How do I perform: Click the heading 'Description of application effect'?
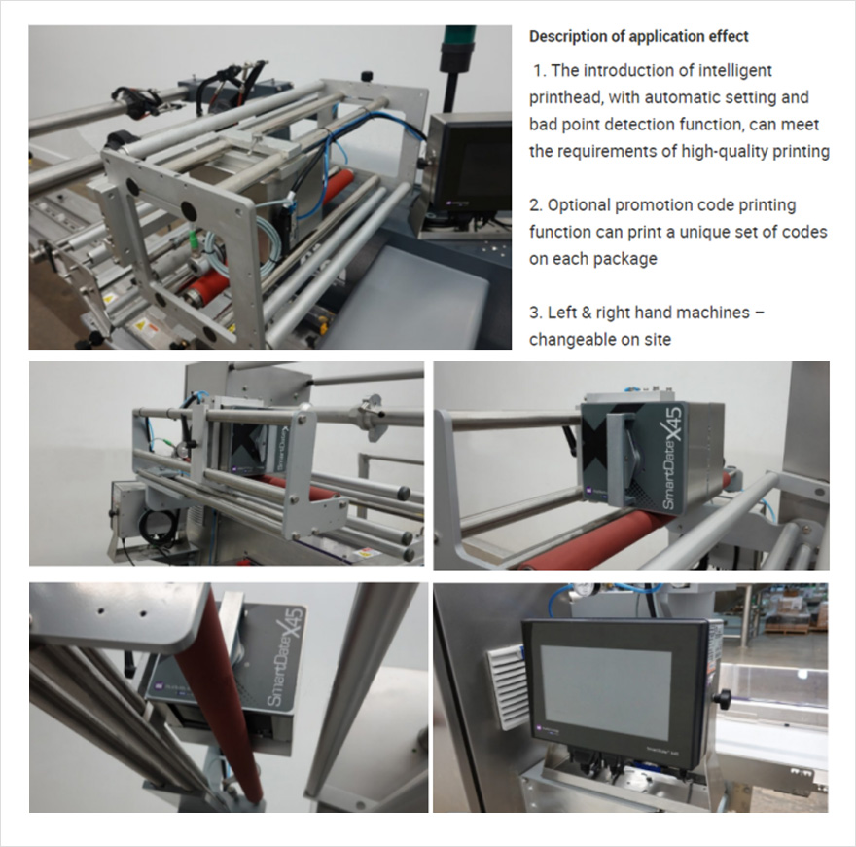[638, 37]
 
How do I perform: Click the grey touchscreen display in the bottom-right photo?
[605, 692]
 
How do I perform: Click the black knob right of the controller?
[724, 697]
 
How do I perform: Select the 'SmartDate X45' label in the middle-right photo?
[671, 457]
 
